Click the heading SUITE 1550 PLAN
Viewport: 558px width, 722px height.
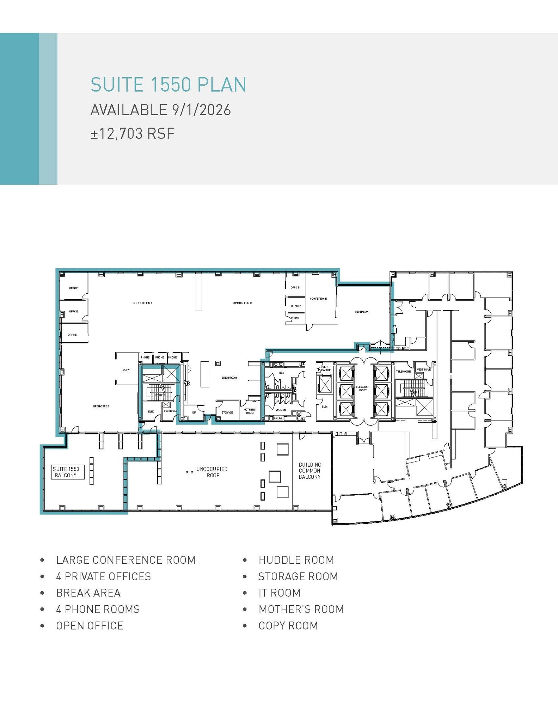click(168, 85)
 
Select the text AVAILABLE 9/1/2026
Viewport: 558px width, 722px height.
click(160, 110)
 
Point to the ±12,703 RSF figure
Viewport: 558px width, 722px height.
click(133, 134)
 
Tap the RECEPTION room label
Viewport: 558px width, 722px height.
click(362, 312)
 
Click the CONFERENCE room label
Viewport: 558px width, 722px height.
click(318, 299)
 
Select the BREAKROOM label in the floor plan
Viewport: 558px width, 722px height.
click(229, 378)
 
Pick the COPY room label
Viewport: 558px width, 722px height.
click(126, 370)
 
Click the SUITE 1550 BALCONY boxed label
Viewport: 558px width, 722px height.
click(66, 472)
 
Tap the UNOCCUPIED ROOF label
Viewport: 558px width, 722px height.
click(212, 472)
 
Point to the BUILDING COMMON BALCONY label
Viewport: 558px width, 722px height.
click(310, 471)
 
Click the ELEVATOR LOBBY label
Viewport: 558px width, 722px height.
click(362, 388)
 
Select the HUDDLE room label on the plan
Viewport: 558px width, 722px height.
click(296, 306)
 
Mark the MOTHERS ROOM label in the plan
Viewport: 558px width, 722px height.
click(250, 411)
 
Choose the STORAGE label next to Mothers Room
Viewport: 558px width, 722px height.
click(227, 412)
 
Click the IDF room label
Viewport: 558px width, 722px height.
click(194, 412)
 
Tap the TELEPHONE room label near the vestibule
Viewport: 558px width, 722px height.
click(403, 372)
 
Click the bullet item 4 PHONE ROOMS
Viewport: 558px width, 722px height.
click(98, 609)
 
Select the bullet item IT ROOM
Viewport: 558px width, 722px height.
click(279, 593)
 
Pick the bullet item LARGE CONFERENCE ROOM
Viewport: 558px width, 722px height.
click(125, 560)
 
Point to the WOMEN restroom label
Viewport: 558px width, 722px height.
click(281, 410)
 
